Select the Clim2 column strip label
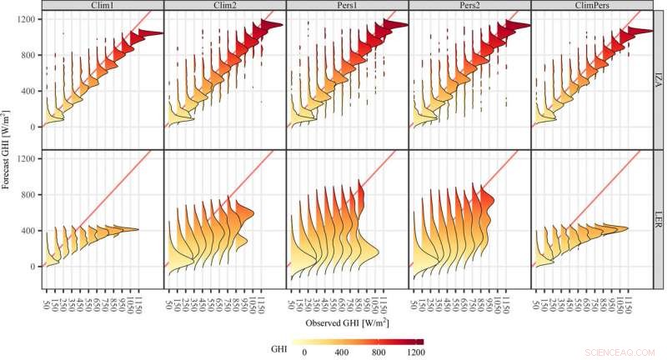(x=225, y=6)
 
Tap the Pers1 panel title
(x=347, y=6)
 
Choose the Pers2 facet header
(x=469, y=6)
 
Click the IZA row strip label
(x=658, y=81)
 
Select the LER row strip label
(x=658, y=219)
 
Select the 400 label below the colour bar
(x=340, y=353)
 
